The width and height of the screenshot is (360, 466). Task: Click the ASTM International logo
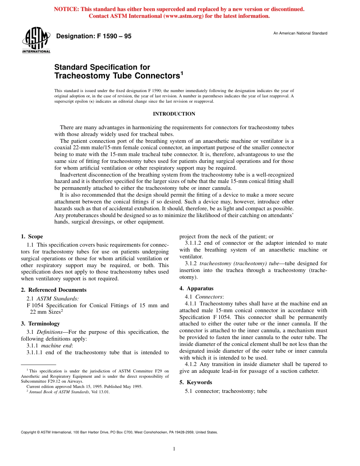[x=36, y=40]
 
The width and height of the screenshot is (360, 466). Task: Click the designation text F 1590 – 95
[x=94, y=36]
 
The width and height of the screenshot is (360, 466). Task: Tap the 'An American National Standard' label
[x=300, y=33]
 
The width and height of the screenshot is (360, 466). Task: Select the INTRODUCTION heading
[x=174, y=114]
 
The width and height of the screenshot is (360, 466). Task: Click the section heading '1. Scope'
[x=32, y=236]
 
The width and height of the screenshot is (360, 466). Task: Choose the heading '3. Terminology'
[x=40, y=324]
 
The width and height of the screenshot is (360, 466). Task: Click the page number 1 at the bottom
[x=174, y=449]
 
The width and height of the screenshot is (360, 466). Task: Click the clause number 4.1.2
[x=191, y=364]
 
